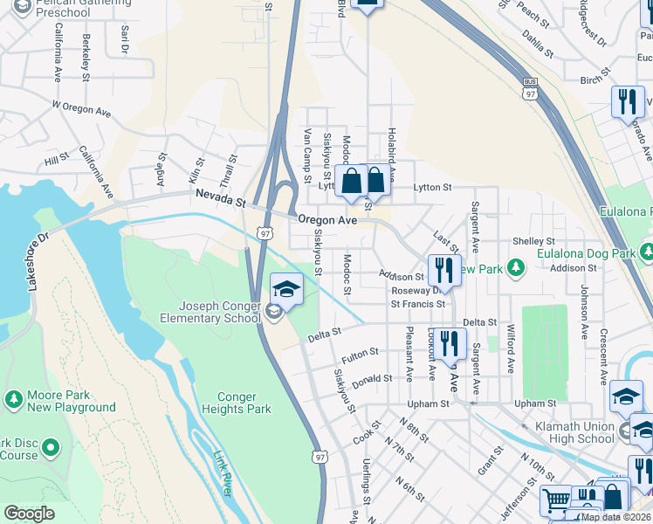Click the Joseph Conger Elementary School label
219,313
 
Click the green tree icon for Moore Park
13,399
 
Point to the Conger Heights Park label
237,403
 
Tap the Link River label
223,472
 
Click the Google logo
29,514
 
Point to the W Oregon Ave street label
82,109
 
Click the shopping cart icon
555,501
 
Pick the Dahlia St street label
539,45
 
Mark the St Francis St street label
417,304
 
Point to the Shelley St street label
533,241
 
